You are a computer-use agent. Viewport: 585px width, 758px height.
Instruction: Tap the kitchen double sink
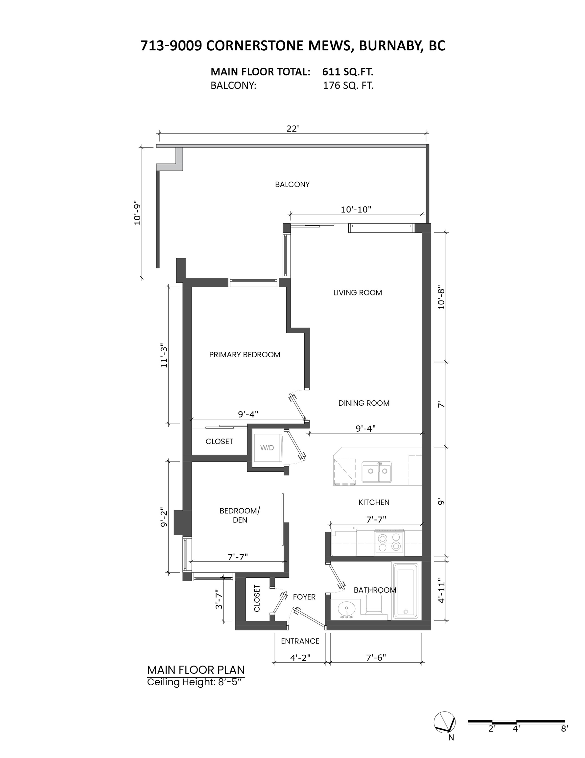coord(377,472)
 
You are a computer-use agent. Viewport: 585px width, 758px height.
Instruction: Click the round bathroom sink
coord(346,609)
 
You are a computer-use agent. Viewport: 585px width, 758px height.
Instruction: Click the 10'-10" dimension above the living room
coord(356,209)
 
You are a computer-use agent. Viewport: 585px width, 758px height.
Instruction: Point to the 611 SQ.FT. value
coord(348,72)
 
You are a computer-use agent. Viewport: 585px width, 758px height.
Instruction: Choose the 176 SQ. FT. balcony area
coord(348,86)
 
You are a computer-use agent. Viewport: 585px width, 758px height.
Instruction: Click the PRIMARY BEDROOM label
coord(245,355)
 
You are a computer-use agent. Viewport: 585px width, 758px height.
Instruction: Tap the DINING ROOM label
coord(364,403)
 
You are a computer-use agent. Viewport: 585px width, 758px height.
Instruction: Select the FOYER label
coord(304,597)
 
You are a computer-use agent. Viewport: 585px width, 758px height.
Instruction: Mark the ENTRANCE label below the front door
coord(300,641)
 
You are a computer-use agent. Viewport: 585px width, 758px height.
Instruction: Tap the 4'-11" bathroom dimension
coord(441,591)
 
